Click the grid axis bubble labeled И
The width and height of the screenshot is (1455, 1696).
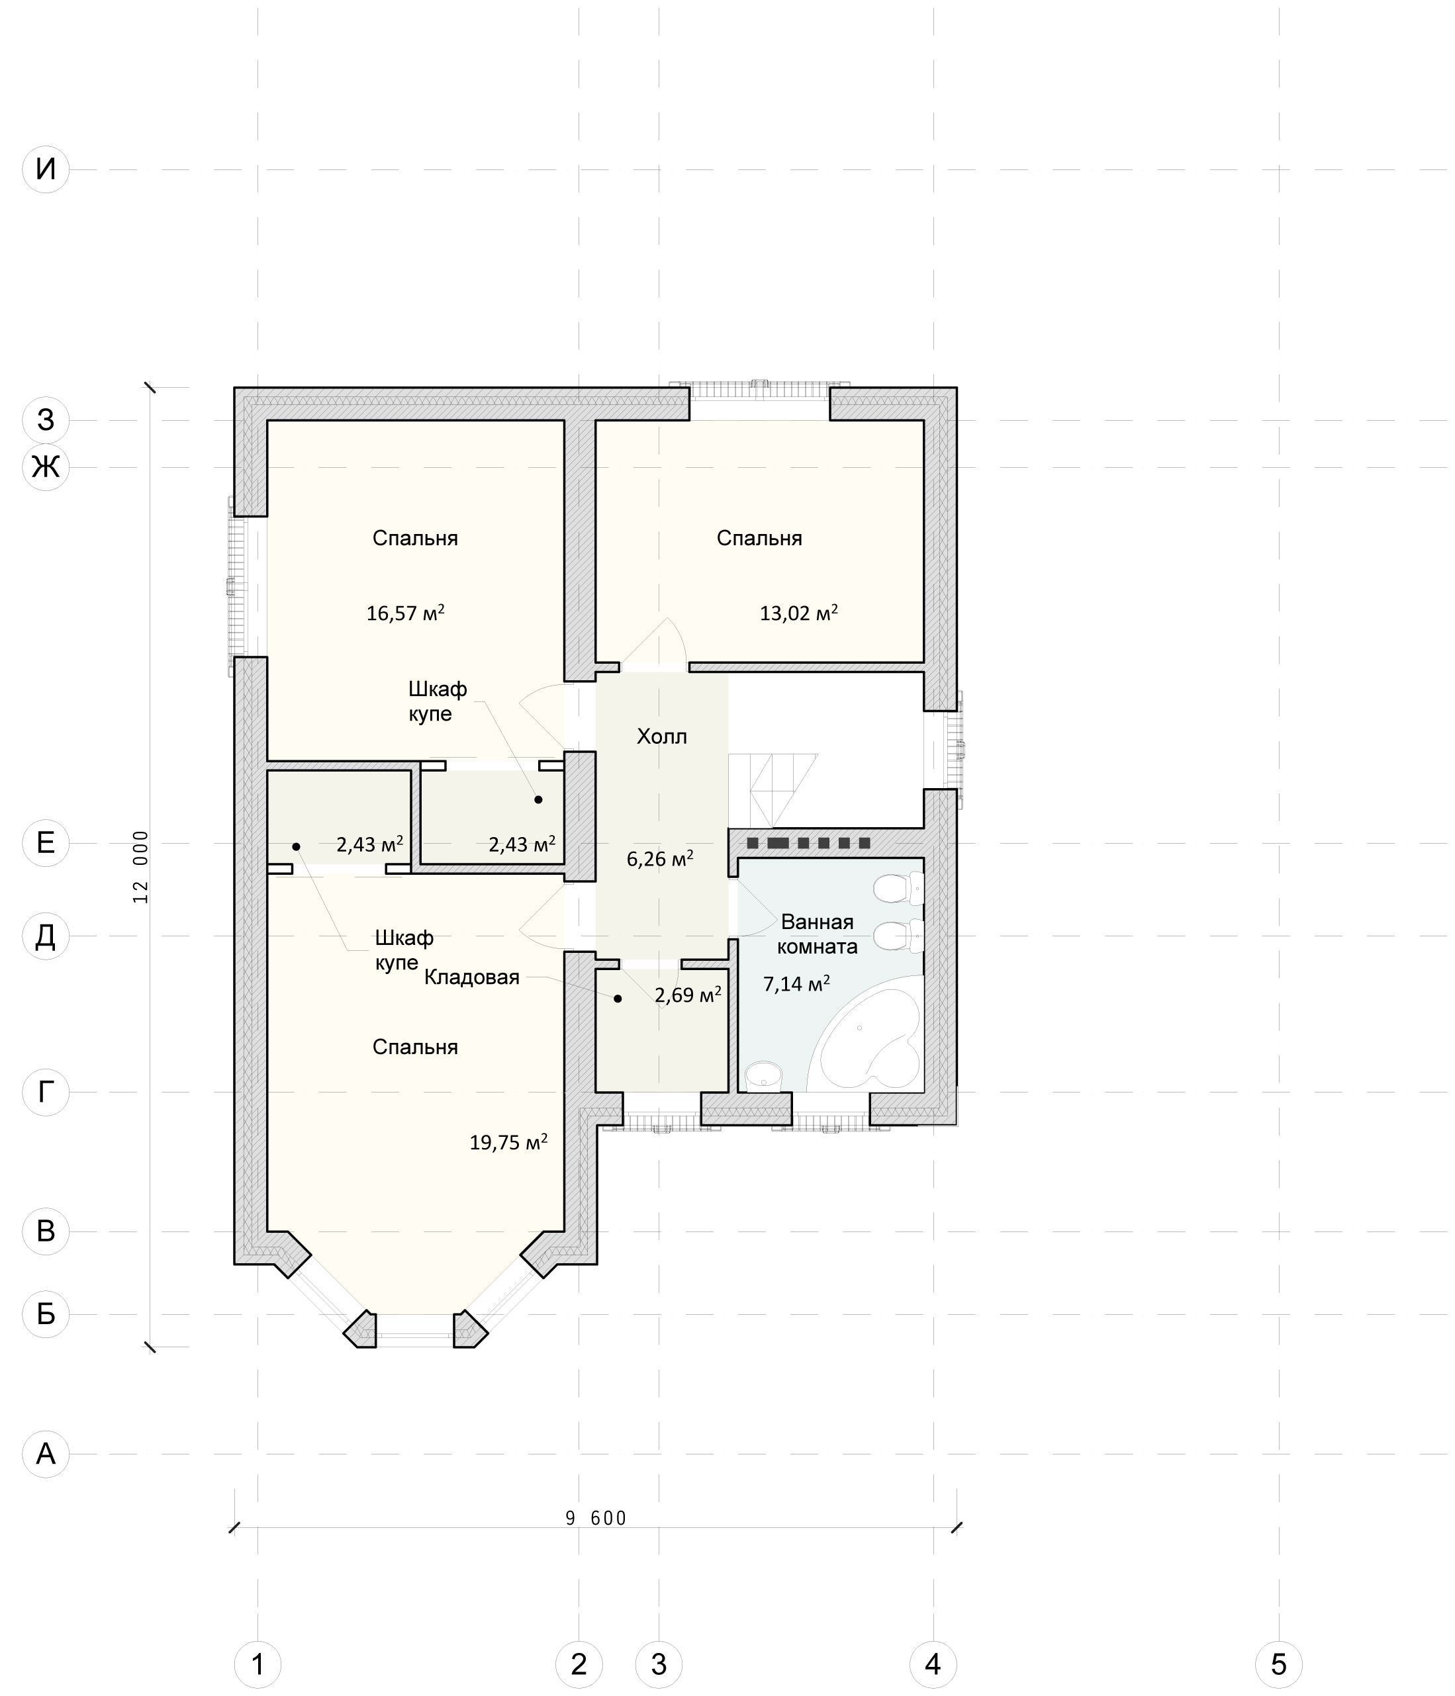[x=46, y=169]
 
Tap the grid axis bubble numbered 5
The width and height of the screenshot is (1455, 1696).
[x=1278, y=1664]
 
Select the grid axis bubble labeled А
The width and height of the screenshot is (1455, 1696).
[x=46, y=1454]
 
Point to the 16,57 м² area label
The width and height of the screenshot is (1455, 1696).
[x=405, y=612]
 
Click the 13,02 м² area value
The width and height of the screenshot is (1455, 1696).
[x=798, y=612]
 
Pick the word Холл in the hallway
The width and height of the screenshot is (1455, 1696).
[x=661, y=736]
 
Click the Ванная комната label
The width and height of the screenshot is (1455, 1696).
[x=817, y=934]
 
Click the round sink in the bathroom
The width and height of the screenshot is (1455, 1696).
[x=764, y=1074]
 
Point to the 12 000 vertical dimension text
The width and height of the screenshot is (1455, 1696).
[x=141, y=867]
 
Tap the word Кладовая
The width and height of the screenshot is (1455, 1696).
[x=471, y=977]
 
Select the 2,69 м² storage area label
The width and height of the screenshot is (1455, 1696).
[x=688, y=995]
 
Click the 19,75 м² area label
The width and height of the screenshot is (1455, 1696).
[x=508, y=1142]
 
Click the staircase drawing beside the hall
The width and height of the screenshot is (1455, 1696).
[x=772, y=791]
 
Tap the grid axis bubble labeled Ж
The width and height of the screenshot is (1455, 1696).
[x=46, y=467]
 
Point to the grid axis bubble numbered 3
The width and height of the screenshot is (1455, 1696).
[x=659, y=1664]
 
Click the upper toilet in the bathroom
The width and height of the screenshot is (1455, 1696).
[x=899, y=888]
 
